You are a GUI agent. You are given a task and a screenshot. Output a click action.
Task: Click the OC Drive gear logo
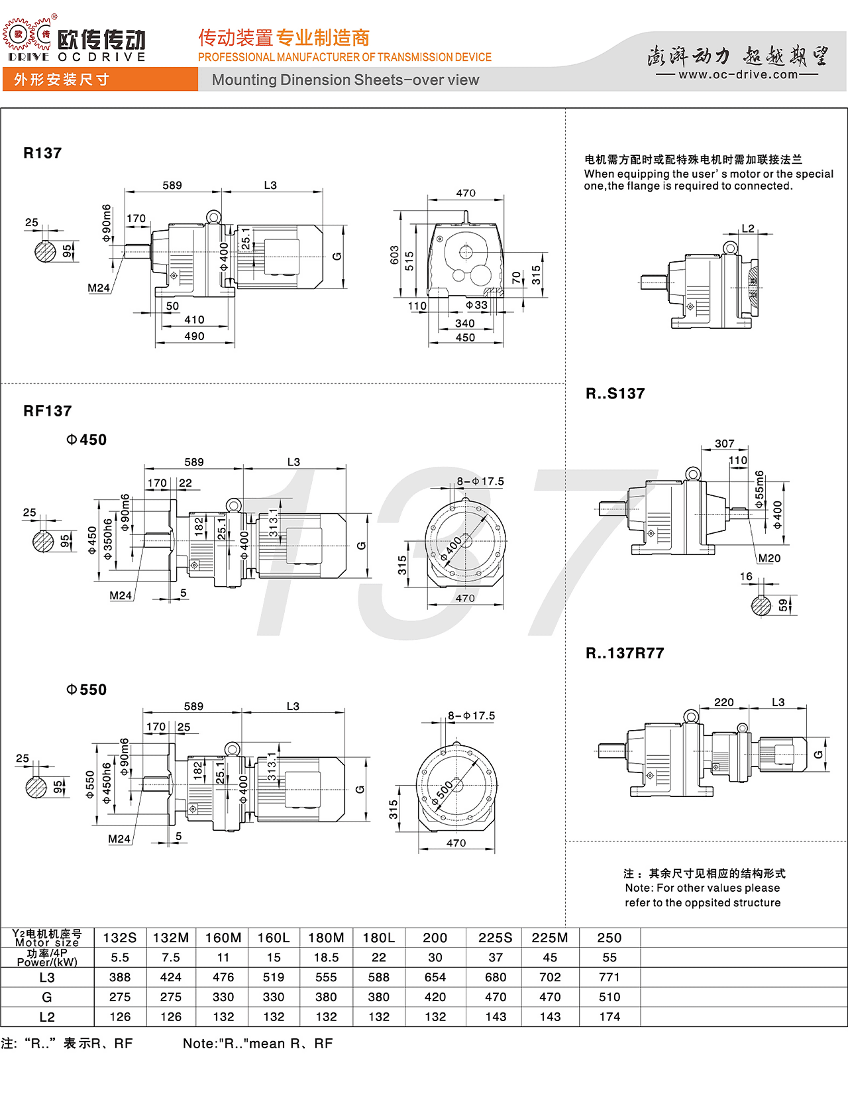tap(26, 34)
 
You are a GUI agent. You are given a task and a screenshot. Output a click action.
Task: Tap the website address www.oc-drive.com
tap(737, 74)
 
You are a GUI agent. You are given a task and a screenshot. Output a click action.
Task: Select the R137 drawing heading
tap(42, 153)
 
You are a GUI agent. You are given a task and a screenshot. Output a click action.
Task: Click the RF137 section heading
tap(47, 411)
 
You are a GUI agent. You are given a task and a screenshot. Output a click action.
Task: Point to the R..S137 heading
tap(615, 394)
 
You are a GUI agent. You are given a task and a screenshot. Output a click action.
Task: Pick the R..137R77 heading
tap(624, 653)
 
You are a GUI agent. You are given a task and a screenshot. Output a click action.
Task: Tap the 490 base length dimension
tap(194, 336)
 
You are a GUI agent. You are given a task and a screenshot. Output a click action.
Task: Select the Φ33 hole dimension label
tap(476, 305)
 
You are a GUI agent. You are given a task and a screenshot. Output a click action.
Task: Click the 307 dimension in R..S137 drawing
tap(724, 444)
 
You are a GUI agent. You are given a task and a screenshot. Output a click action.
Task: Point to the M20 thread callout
tap(769, 558)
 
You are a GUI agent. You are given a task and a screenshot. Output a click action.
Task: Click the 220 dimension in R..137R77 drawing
tap(723, 702)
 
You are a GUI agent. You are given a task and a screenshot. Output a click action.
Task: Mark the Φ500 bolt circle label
tap(443, 793)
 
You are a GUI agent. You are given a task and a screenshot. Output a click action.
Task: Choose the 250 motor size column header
tap(609, 938)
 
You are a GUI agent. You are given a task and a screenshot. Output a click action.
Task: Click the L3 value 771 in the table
tap(609, 977)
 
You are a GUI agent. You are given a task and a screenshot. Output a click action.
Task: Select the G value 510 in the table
tap(609, 997)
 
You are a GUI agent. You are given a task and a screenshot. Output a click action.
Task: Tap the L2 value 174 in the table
tap(609, 1017)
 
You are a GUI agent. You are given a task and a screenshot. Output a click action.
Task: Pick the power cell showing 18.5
tap(326, 957)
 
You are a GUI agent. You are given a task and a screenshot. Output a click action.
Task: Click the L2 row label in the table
tap(47, 1017)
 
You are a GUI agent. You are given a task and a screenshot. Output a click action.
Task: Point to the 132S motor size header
tap(120, 938)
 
